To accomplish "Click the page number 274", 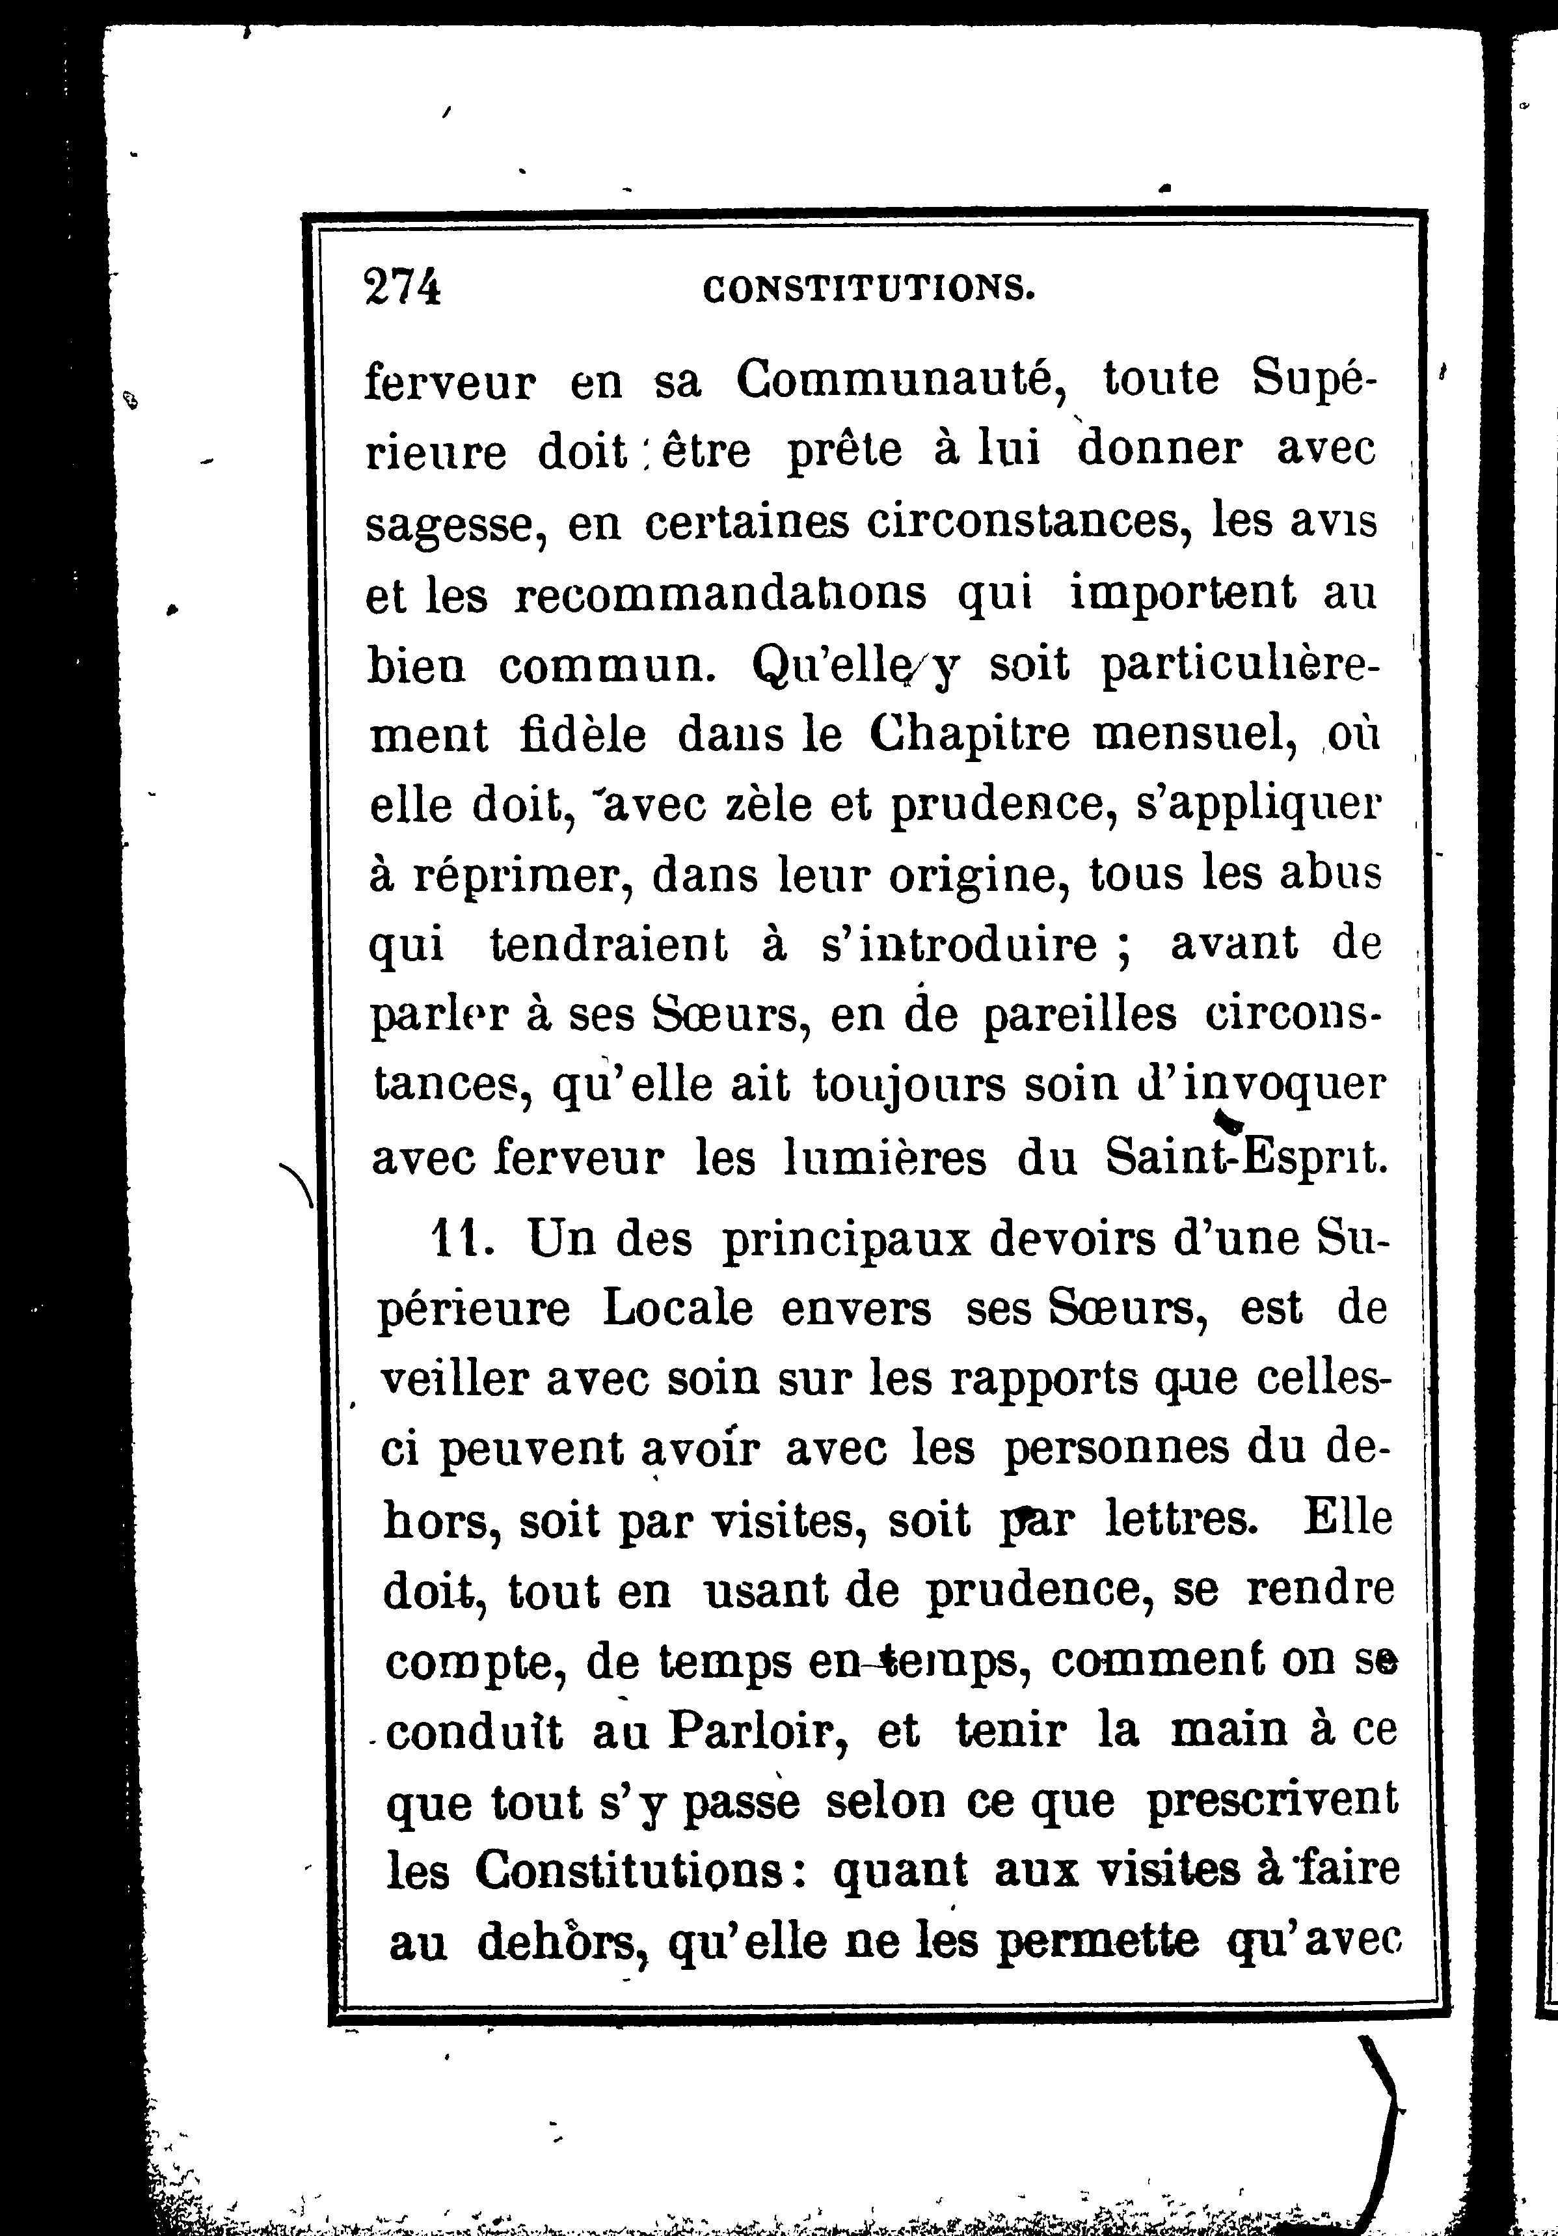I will (402, 288).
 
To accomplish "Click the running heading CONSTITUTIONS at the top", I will (868, 288).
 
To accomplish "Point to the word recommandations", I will (721, 594).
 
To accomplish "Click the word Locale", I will (678, 1310).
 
